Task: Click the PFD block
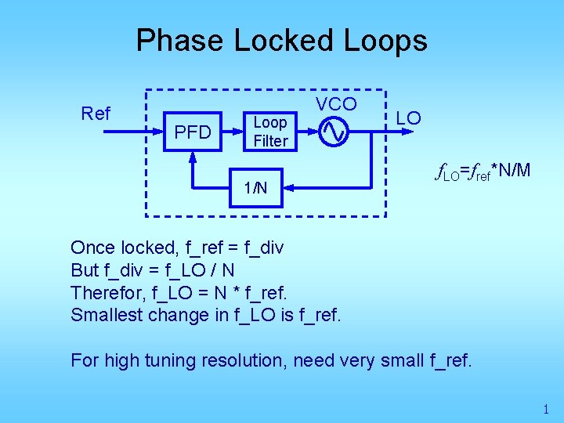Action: coord(193,132)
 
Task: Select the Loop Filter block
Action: coord(270,132)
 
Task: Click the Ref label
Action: coord(96,114)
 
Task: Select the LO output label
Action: coord(408,118)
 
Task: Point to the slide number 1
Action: coord(545,409)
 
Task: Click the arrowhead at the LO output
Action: coord(384,132)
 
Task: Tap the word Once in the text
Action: coord(92,248)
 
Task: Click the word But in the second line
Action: coord(84,270)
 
